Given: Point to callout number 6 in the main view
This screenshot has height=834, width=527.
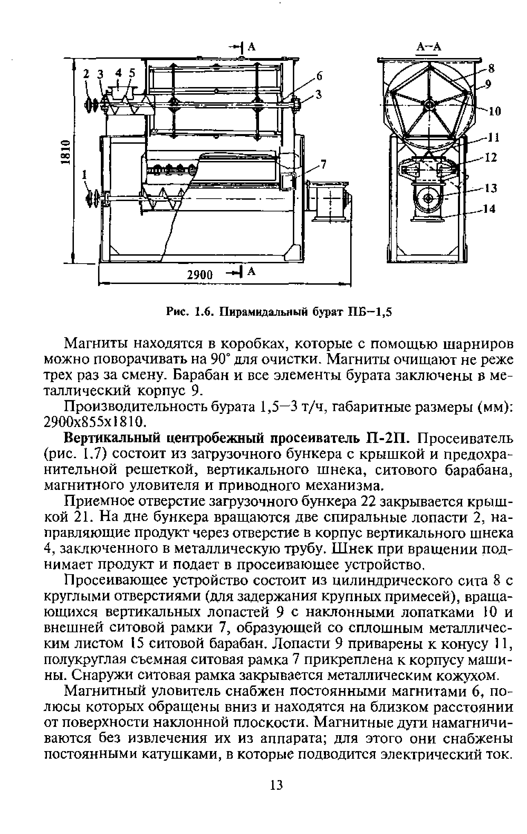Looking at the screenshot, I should [319, 76].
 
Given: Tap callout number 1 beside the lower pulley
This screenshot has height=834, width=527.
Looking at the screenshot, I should [84, 176].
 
